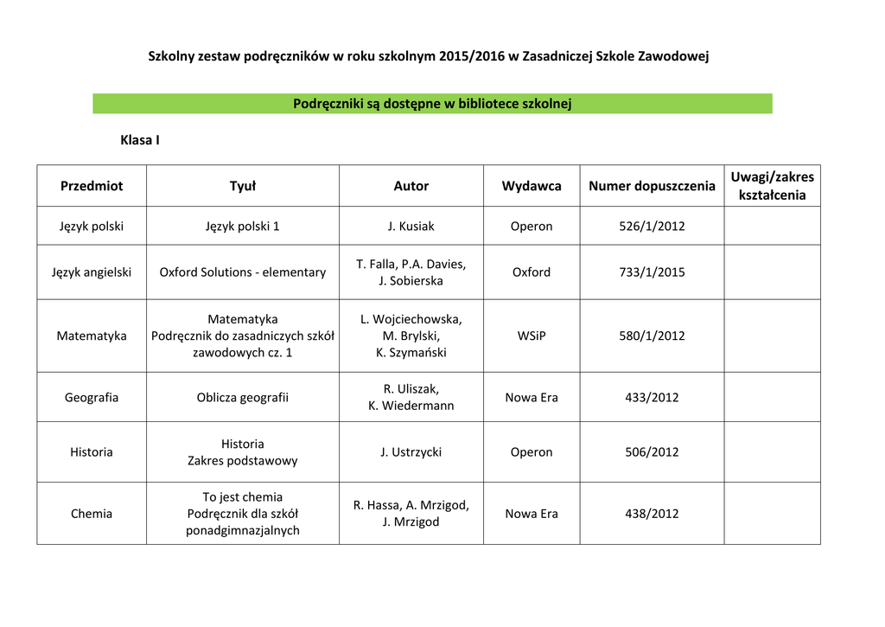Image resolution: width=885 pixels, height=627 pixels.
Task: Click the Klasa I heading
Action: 139,139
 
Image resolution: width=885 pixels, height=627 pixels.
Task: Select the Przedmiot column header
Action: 92,186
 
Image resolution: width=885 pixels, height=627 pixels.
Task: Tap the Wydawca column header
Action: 532,186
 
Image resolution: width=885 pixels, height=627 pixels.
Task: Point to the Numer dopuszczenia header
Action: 652,186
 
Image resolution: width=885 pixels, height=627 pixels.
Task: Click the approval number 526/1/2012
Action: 652,227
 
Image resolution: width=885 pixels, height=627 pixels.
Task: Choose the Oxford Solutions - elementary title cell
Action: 243,272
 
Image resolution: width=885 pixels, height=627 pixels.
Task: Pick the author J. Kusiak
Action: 411,227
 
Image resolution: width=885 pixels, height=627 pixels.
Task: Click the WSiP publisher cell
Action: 532,336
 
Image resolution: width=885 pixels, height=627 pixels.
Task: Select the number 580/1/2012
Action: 652,336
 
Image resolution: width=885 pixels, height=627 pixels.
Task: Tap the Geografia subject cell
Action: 92,398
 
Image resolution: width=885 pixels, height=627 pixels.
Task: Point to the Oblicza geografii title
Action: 243,398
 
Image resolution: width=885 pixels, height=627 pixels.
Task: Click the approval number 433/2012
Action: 652,398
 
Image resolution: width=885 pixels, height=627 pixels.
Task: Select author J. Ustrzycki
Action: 411,452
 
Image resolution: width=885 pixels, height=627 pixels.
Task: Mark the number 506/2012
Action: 652,452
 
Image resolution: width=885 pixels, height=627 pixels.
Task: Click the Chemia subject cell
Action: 92,514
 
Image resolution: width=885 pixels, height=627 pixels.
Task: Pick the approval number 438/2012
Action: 652,514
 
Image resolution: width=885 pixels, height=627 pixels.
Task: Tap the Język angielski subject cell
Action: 92,272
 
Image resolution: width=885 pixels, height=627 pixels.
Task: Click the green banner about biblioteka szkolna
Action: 432,104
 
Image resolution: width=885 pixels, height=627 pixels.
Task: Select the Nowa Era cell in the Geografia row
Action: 532,398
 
